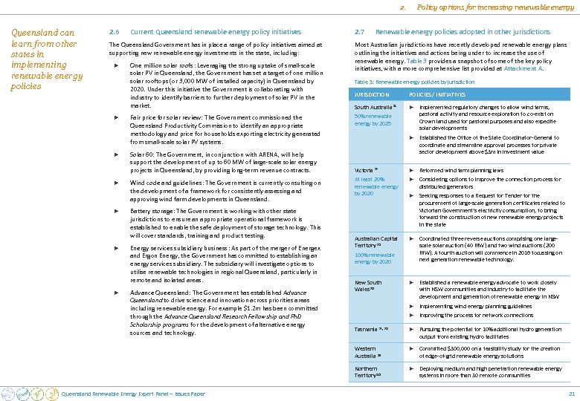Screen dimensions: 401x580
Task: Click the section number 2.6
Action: click(114, 32)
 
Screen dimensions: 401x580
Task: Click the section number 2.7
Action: click(360, 32)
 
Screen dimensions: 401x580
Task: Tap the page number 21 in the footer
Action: click(571, 393)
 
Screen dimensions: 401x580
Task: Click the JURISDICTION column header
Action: click(372, 95)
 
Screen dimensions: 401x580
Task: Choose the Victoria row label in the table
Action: click(366, 170)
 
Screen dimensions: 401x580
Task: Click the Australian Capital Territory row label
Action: click(376, 241)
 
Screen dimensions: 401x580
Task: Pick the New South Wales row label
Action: click(368, 286)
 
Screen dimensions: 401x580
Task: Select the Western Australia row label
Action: click(365, 351)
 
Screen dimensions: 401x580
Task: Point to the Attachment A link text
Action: click(525, 68)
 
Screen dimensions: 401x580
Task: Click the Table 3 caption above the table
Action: click(414, 82)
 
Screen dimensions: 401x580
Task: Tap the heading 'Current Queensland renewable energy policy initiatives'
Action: click(216, 32)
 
